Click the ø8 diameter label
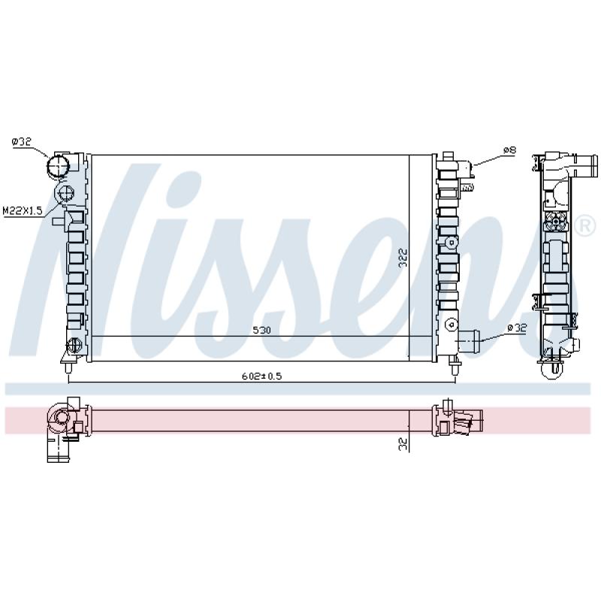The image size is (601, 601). [510, 149]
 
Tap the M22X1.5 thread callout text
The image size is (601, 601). [23, 210]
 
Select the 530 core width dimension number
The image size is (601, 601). [261, 330]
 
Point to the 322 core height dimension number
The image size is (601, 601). [403, 258]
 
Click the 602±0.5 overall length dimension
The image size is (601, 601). [261, 376]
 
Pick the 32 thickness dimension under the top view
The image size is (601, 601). [403, 444]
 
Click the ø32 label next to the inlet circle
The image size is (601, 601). [22, 142]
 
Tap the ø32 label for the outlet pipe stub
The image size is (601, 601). [517, 328]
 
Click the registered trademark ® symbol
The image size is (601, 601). [584, 227]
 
